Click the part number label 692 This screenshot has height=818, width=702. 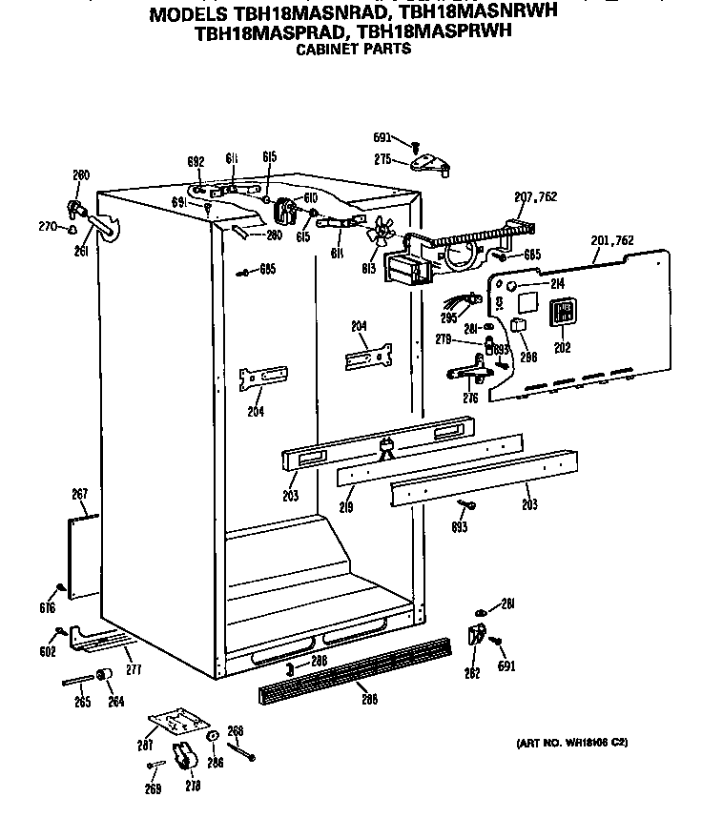click(x=195, y=163)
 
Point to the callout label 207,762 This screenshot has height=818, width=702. click(x=535, y=197)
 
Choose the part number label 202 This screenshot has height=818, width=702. click(x=563, y=348)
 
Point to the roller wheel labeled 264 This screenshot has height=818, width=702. click(x=108, y=677)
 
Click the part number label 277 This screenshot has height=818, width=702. click(x=134, y=670)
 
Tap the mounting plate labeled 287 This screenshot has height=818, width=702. click(x=176, y=724)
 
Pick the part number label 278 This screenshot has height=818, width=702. click(x=194, y=787)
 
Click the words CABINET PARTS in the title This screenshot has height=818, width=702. click(x=352, y=49)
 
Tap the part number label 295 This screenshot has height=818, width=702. click(x=448, y=318)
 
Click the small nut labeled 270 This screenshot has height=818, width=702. click(x=73, y=228)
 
